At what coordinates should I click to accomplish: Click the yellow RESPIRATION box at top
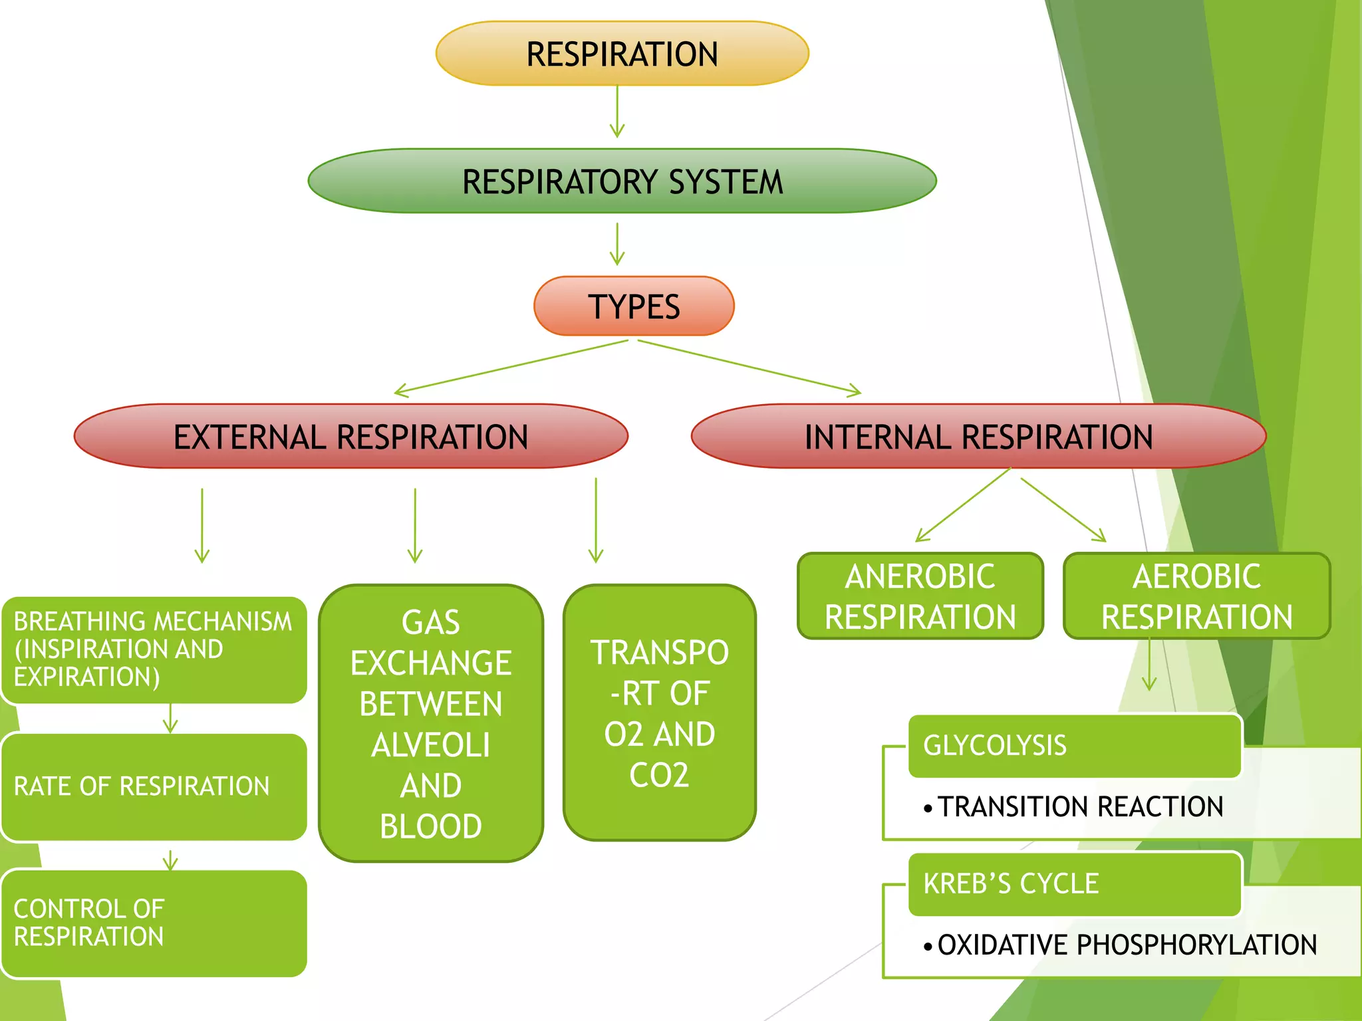coord(622,53)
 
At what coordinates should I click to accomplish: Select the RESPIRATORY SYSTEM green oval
coord(622,181)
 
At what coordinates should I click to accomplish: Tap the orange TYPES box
coord(634,306)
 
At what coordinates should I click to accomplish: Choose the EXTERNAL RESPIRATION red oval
coord(350,437)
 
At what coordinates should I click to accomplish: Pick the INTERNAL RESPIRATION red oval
coord(978,437)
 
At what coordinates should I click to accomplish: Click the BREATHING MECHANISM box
coord(154,649)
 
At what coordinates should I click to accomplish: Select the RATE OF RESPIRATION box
coord(154,786)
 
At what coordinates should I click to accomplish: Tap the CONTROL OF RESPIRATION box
coord(154,923)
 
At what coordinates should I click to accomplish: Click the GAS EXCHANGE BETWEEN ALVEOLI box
coord(431,723)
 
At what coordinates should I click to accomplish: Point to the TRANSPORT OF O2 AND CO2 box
coord(659,713)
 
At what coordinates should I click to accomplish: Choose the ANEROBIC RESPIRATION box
coord(920,596)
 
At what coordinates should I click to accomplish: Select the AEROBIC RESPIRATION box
coord(1196,596)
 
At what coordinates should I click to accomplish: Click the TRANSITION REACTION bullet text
coord(1081,806)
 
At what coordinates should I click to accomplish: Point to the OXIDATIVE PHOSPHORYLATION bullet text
coord(1127,945)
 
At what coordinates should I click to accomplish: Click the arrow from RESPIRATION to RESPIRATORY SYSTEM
coord(617,111)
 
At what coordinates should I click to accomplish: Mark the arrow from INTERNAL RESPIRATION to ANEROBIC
coord(963,505)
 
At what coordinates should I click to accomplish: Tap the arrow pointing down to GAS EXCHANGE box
coord(415,525)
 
